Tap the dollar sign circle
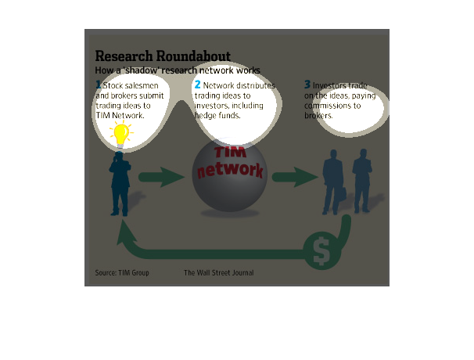[321, 250]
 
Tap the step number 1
[99, 85]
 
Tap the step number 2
[197, 85]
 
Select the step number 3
[307, 85]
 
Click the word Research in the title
[123, 56]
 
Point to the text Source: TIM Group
[122, 273]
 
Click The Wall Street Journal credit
[219, 273]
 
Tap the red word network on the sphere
[230, 170]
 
